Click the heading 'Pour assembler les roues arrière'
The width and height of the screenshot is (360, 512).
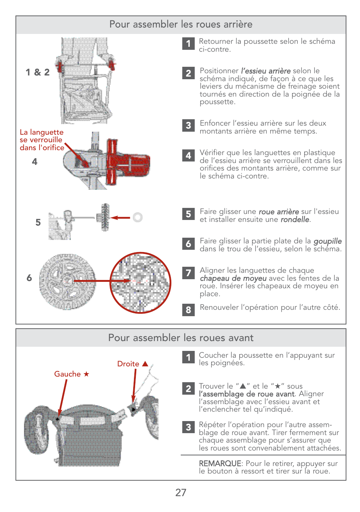coord(181,25)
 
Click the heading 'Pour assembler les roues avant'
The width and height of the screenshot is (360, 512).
coord(181,338)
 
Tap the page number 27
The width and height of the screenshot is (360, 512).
coord(181,492)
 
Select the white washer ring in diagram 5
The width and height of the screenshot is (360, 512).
coord(138,217)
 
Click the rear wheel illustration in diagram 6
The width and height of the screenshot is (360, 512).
coord(67,281)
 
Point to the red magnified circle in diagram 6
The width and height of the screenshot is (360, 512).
coord(140,283)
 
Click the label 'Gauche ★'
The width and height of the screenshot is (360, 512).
coord(72,374)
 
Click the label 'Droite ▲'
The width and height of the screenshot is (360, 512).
coord(132,364)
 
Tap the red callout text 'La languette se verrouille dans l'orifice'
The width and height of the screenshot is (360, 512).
coord(42,140)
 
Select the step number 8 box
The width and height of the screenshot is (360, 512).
coord(188,310)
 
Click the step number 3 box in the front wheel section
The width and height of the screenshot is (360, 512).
coord(188,427)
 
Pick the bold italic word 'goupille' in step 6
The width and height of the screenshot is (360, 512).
coord(328,241)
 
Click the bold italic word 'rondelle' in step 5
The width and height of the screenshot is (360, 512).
coord(295,220)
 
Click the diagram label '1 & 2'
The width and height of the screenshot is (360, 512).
coord(37,72)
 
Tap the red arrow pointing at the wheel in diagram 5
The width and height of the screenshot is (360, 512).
coord(120,218)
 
